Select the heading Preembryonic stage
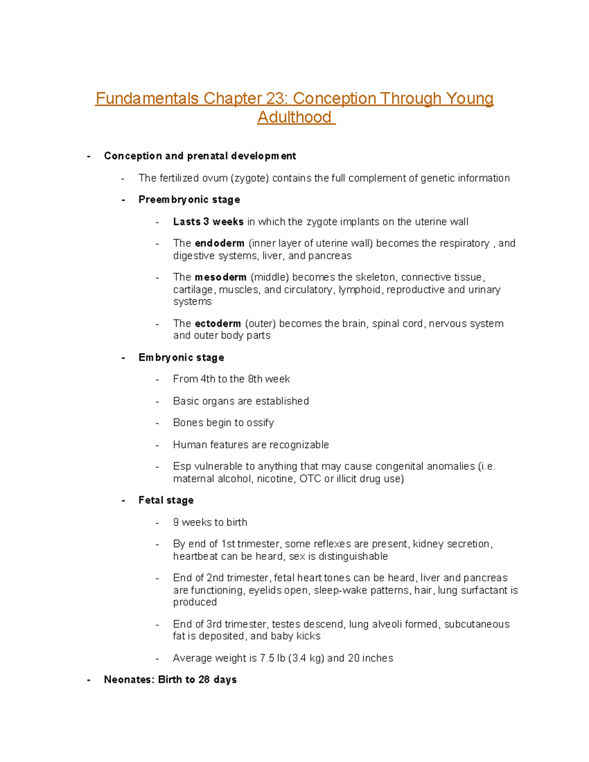[189, 200]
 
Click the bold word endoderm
[219, 243]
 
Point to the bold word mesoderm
[220, 277]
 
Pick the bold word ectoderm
[217, 324]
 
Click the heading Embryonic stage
[181, 358]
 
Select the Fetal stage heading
[166, 500]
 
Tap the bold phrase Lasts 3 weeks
[208, 222]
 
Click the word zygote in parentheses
[250, 178]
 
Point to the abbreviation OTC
[310, 479]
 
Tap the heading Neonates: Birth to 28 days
[170, 680]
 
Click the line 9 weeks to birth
[210, 523]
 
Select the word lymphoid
[359, 290]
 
